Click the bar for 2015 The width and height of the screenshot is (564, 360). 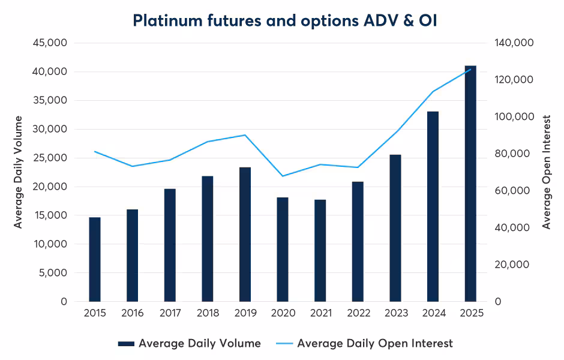point(95,259)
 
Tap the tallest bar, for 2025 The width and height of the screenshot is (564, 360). point(470,183)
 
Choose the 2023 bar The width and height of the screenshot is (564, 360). point(395,228)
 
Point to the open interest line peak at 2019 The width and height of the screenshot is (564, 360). point(245,135)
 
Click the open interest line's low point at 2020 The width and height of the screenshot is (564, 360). point(283,176)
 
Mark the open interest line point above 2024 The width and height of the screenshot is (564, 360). point(433,92)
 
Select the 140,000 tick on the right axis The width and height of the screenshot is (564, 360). point(514,43)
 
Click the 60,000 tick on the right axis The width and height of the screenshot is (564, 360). point(514,191)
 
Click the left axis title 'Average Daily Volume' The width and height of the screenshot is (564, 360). point(19,172)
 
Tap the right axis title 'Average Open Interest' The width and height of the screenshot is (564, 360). point(547,172)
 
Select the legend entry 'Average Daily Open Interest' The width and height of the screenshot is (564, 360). point(375,343)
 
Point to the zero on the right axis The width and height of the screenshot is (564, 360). point(498,302)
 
